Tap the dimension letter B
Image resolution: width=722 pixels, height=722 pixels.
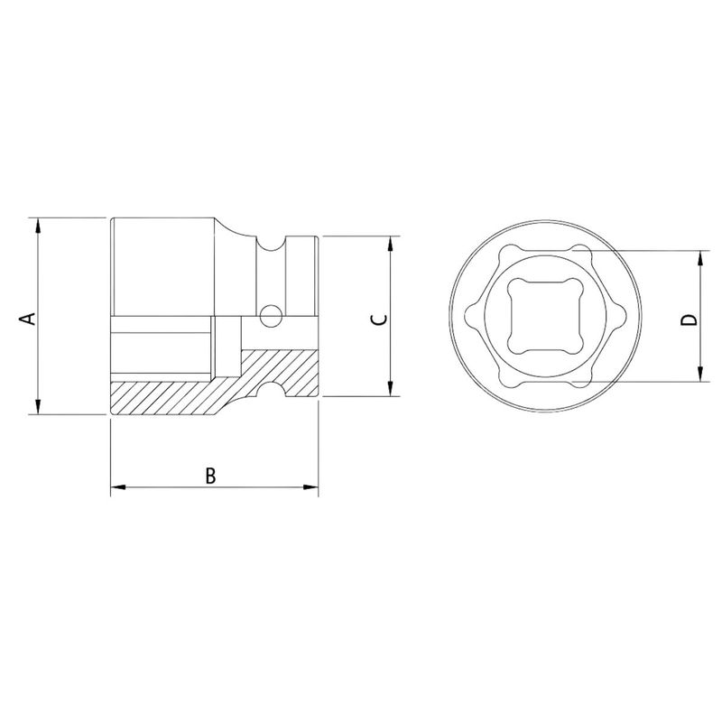click(x=209, y=476)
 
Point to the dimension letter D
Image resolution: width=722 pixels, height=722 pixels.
click(x=688, y=319)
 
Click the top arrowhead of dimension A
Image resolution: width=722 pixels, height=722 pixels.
click(x=38, y=224)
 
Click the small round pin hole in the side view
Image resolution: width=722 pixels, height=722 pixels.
click(x=268, y=316)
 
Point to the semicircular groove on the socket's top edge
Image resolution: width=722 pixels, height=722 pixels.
click(x=268, y=242)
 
